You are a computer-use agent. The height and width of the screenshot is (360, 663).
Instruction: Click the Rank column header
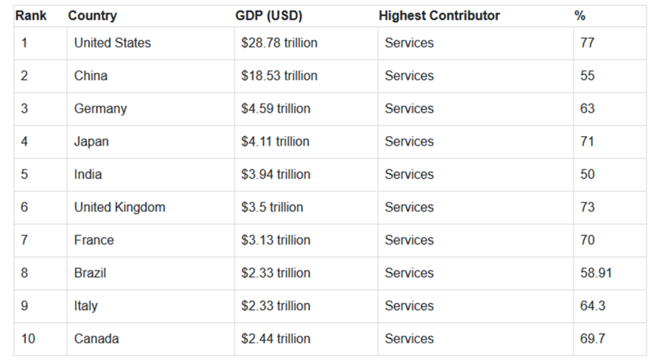pos(31,16)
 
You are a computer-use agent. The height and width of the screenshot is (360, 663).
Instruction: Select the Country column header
pos(92,16)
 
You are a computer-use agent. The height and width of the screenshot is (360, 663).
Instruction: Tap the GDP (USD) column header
pos(268,16)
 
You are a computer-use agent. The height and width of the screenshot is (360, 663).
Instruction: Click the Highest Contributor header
pos(439,16)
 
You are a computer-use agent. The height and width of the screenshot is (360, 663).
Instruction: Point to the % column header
pos(579,16)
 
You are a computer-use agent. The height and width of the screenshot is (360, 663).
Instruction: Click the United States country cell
pos(112,43)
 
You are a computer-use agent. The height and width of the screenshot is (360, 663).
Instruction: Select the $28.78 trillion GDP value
pos(279,43)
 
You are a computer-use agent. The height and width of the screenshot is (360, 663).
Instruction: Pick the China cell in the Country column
pos(91,76)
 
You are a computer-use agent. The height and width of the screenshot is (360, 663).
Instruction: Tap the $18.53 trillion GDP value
pos(279,76)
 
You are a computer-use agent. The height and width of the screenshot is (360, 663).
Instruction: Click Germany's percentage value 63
pos(587,109)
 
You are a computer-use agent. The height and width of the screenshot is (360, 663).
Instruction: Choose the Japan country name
pos(91,142)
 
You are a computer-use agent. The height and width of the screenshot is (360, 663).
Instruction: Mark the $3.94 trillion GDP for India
pos(275,175)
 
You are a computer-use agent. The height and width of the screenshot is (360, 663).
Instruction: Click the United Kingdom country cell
pos(119,208)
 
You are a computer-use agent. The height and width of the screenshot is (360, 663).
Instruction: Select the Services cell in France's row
pos(409,240)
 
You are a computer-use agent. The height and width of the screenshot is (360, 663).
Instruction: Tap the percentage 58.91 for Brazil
pos(596,273)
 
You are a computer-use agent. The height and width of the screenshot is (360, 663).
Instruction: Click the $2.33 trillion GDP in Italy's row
pos(275,306)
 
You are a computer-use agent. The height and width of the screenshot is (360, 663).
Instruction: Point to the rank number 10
pos(28,339)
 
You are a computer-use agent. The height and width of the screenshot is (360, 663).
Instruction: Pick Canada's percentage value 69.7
pos(592,339)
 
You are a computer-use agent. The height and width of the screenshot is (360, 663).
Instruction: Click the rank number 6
pos(25,208)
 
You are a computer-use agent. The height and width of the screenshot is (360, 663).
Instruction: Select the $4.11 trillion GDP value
pos(275,142)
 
